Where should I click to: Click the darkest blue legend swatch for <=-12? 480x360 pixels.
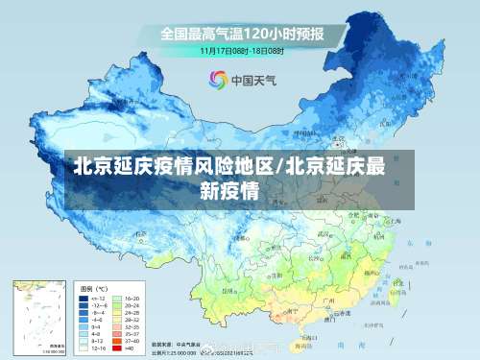tap(84, 299)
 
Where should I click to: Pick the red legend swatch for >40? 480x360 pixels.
tap(118, 348)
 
